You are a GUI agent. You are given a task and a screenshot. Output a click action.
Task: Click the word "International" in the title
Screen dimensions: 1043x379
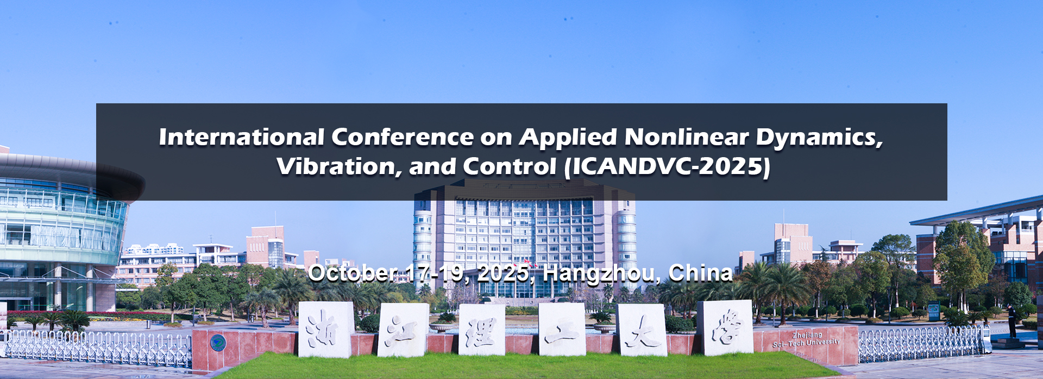pos(242,137)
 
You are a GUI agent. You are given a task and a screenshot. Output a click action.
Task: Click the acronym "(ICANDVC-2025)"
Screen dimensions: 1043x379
pos(667,167)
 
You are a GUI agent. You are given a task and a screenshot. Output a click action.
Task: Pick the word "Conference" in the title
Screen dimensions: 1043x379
pos(402,137)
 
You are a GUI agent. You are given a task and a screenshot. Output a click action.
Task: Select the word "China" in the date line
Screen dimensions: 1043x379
pos(700,273)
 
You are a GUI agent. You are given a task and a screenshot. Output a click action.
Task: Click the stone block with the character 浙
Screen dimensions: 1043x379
pos(325,330)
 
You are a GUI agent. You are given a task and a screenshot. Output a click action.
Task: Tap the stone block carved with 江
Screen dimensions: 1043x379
pos(403,330)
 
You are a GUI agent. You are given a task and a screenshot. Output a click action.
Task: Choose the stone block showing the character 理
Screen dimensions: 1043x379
pos(482,330)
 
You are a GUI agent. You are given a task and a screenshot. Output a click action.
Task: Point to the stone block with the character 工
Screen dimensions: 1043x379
pos(562,329)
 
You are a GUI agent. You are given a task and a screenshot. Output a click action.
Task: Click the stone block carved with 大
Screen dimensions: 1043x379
pos(642,330)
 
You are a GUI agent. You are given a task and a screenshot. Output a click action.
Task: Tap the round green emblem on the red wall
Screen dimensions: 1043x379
pos(218,343)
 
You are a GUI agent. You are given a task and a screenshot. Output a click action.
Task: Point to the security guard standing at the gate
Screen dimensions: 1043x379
pos(1011,321)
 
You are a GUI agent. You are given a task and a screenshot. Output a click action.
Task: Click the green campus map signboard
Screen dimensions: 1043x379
pos(933,312)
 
